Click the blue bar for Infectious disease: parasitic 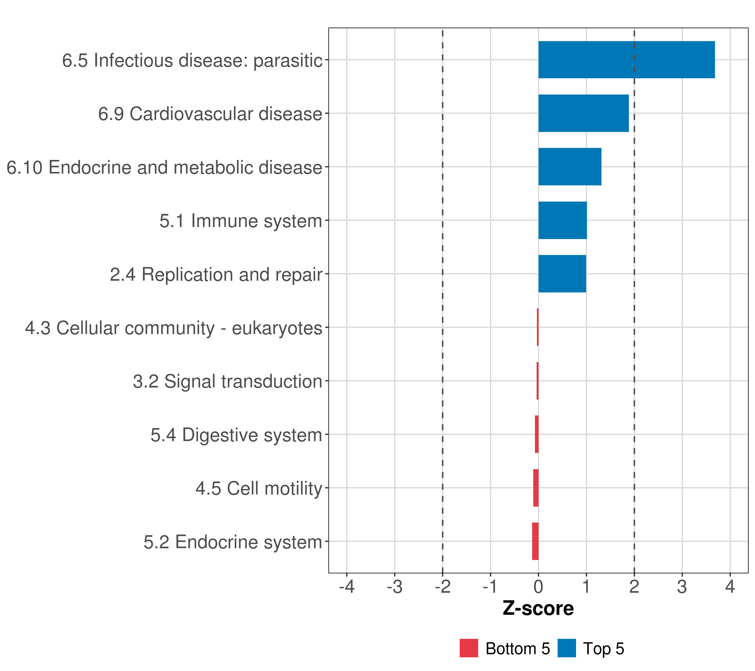(x=626, y=60)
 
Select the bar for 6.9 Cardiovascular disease (x=583, y=114)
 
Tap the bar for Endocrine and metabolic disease (x=570, y=167)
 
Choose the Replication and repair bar (x=562, y=274)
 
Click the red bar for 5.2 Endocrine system (x=535, y=541)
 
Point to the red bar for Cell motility (x=535, y=488)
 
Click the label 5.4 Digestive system (x=236, y=435)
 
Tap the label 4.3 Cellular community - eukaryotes (x=174, y=328)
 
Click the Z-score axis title (x=538, y=608)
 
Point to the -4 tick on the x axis (x=346, y=587)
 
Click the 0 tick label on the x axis (x=538, y=587)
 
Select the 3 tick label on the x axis (x=682, y=587)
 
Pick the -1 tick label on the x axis (x=490, y=587)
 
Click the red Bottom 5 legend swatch (x=469, y=648)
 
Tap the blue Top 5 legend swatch (x=566, y=648)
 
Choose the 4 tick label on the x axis (x=730, y=587)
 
